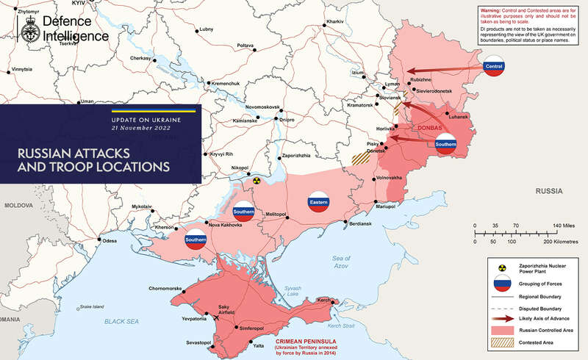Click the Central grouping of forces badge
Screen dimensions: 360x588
tap(493, 68)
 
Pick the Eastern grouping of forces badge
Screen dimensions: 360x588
tap(318, 201)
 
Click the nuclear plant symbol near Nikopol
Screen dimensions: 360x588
tap(257, 179)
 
